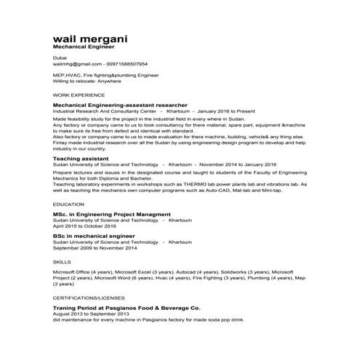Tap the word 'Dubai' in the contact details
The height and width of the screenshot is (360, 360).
[x=60, y=57]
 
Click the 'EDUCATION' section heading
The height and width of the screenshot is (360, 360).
[x=69, y=206]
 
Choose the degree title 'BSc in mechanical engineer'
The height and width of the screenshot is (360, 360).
[x=95, y=236]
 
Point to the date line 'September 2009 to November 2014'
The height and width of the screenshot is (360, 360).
[x=95, y=249]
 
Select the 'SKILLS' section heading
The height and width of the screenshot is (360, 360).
[x=63, y=260]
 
